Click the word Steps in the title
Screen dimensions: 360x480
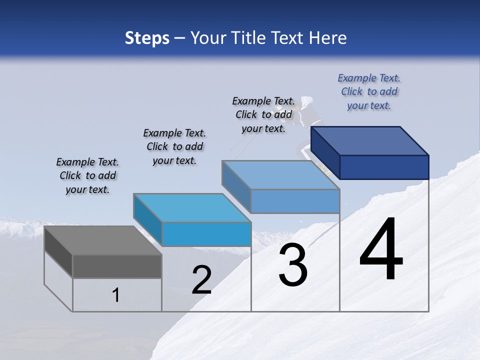pyautogui.click(x=147, y=38)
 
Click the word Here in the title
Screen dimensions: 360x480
pyautogui.click(x=327, y=38)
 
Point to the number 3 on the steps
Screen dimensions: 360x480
pyautogui.click(x=292, y=265)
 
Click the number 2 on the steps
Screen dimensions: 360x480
pyautogui.click(x=201, y=280)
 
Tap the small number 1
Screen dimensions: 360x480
pyautogui.click(x=115, y=295)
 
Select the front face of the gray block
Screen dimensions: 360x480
pyautogui.click(x=117, y=266)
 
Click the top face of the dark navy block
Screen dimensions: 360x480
pyautogui.click(x=370, y=140)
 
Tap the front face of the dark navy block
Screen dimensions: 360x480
pyautogui.click(x=384, y=167)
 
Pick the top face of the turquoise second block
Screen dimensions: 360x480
pyautogui.click(x=192, y=207)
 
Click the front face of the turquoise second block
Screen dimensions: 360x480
pyautogui.click(x=206, y=234)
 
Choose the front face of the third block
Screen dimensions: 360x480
pyautogui.click(x=295, y=201)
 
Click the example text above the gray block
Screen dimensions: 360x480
pyautogui.click(x=87, y=176)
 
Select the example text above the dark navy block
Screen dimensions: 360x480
pyautogui.click(x=369, y=92)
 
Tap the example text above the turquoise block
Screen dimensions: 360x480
pyautogui.click(x=174, y=147)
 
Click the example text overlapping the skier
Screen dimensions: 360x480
pyautogui.click(x=263, y=115)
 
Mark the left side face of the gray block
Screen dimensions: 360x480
pyautogui.click(x=58, y=251)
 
